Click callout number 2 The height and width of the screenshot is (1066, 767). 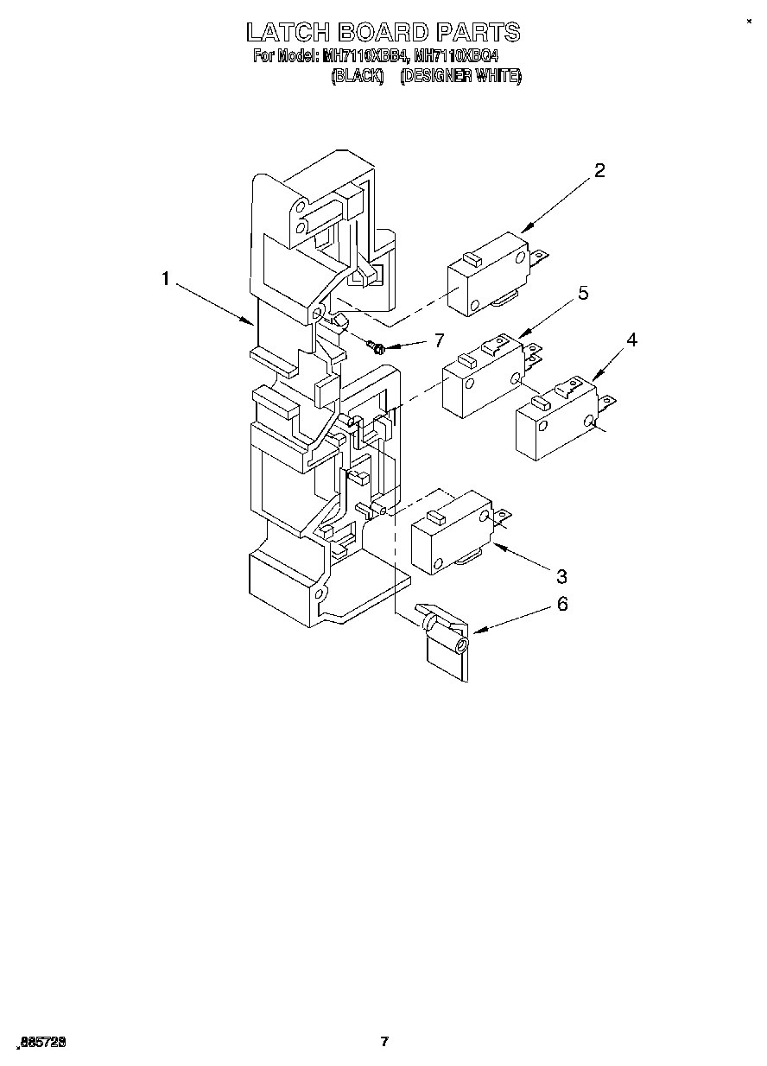[x=599, y=170]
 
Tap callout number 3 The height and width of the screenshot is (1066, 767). [x=561, y=575]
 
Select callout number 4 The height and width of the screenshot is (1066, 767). [x=631, y=339]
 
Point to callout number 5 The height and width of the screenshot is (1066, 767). [x=583, y=294]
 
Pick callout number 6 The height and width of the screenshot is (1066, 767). [x=562, y=604]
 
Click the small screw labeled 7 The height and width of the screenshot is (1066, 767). [x=377, y=347]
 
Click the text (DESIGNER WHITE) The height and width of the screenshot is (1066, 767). [x=460, y=76]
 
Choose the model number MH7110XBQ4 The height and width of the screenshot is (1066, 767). [x=456, y=57]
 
